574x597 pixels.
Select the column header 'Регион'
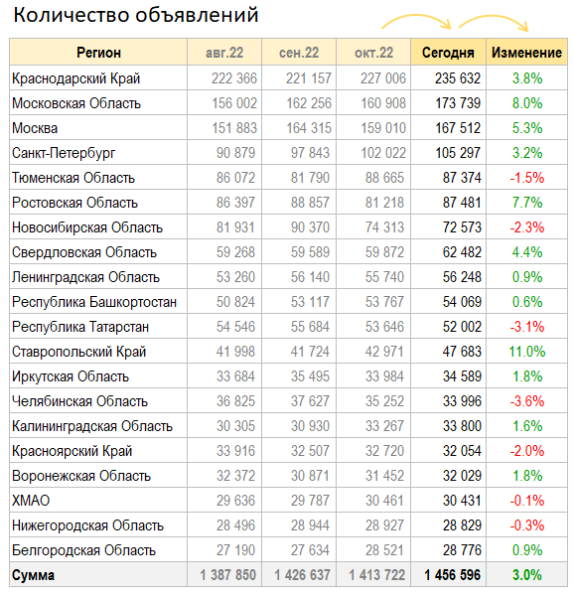coord(98,53)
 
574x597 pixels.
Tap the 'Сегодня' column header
coord(448,53)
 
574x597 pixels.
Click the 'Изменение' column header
coord(526,53)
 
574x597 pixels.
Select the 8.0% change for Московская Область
coord(527,103)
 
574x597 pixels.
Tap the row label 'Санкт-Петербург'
coord(64,153)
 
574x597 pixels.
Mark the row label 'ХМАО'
coord(31,501)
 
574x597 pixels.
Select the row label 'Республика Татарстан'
coord(80,327)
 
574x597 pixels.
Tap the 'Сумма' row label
coord(34,575)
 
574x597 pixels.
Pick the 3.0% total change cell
coord(527,575)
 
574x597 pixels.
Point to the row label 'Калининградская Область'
coord(92,426)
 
